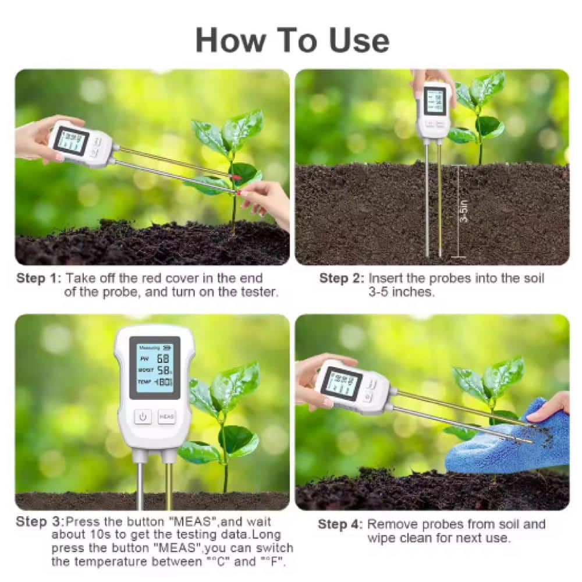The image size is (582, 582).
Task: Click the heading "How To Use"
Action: [292, 40]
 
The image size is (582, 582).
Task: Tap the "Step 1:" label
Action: [38, 278]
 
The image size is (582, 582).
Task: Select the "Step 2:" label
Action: [342, 278]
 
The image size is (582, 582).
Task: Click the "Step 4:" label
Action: [340, 524]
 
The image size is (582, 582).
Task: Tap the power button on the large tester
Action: [143, 417]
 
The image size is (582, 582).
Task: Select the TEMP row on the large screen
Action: [154, 382]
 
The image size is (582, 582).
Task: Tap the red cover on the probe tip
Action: [236, 176]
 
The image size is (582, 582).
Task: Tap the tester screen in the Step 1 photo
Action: [70, 140]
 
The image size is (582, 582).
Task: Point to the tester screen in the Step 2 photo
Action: [434, 100]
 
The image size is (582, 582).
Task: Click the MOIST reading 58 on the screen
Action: [164, 370]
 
